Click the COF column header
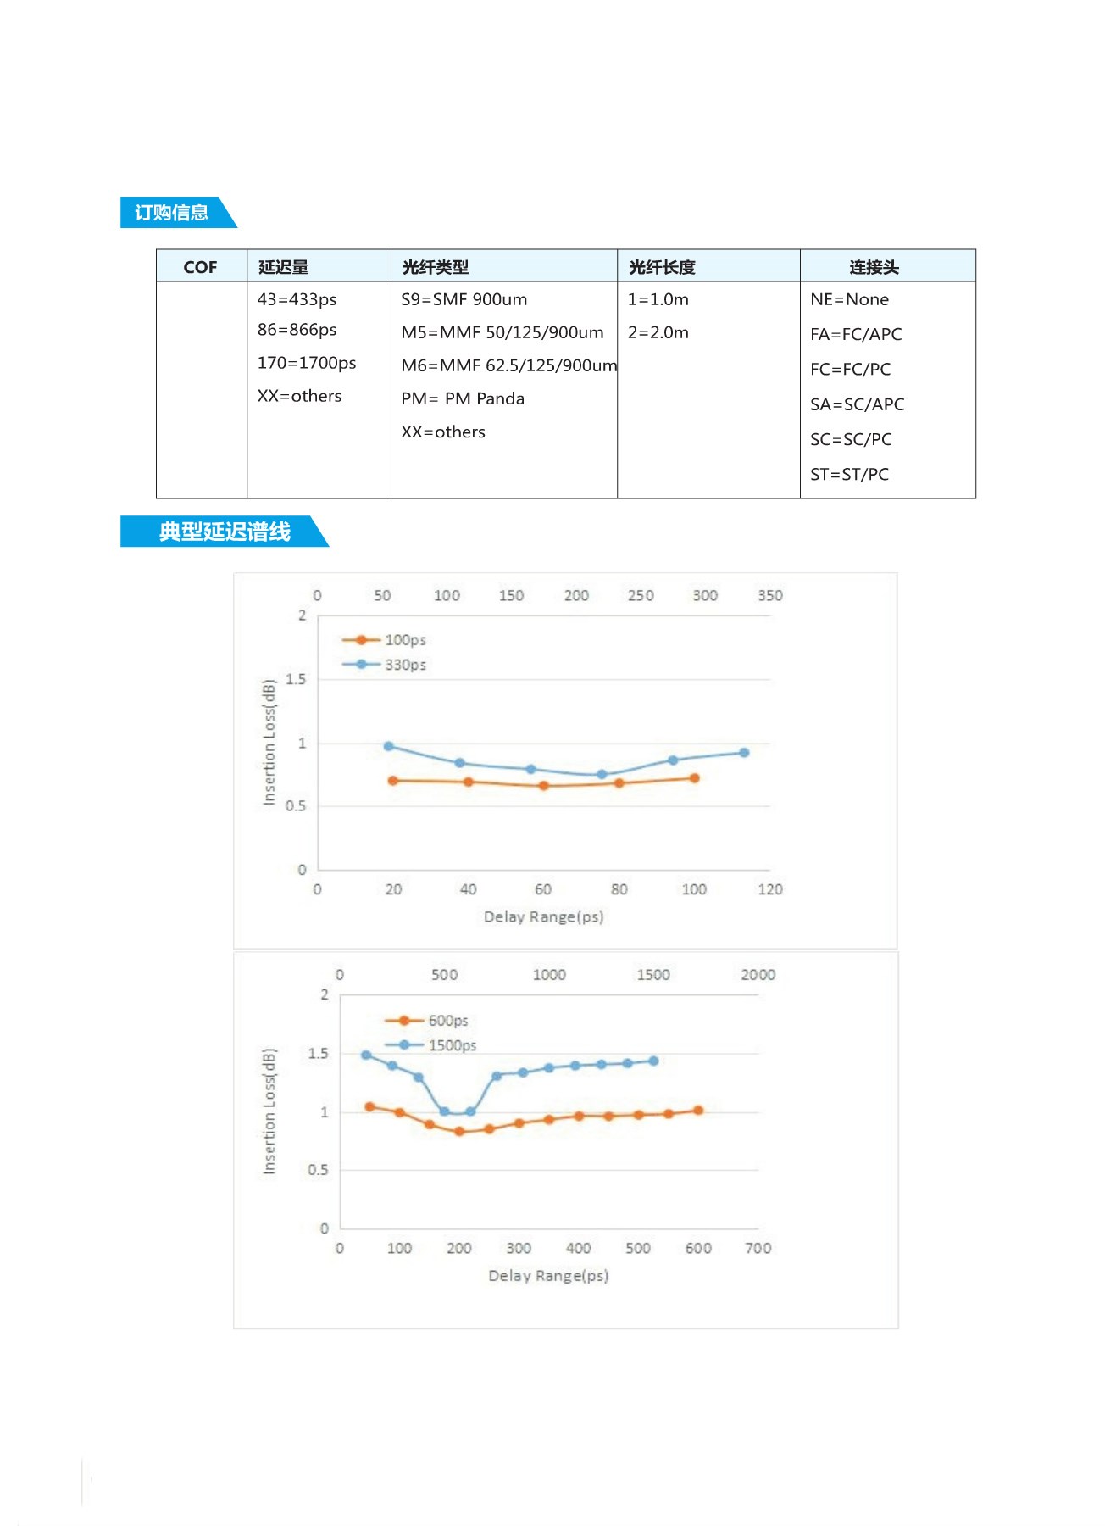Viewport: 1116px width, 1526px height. (200, 267)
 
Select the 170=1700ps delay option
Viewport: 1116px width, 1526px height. (307, 363)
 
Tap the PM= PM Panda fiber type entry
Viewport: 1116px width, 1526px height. (463, 398)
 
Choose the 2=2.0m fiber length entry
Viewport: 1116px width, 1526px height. (658, 332)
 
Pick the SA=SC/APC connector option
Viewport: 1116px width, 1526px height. (857, 404)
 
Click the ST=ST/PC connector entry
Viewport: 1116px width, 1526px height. (849, 474)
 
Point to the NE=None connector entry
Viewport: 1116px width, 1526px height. (849, 299)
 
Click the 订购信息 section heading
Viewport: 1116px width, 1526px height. (172, 213)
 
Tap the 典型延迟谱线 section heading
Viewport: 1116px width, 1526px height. (225, 532)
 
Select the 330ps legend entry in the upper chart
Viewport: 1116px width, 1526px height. (404, 665)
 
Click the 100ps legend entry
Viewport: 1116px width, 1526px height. (404, 640)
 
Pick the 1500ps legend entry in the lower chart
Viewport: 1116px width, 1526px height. (451, 1045)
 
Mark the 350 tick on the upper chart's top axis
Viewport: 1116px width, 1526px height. (769, 595)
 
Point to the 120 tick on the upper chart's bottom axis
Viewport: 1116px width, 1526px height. (769, 889)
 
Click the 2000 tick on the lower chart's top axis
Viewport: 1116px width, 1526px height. (758, 975)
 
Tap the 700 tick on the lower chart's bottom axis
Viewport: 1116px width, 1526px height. (758, 1248)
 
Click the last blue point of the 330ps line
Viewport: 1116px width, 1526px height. (744, 753)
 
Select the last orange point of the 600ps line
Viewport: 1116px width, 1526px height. (698, 1111)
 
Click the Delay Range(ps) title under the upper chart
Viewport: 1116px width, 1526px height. (543, 916)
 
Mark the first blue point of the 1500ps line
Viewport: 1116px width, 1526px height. (366, 1055)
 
